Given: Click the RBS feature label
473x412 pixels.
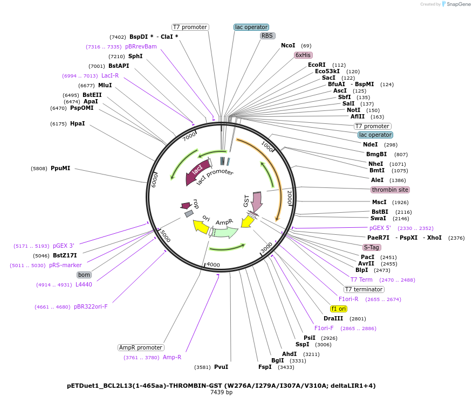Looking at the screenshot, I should click(x=268, y=36).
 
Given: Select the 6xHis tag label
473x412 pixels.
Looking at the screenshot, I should click(x=303, y=55).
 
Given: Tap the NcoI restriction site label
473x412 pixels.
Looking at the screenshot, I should click(x=288, y=46).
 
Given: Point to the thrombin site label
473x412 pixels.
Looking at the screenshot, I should click(x=390, y=190).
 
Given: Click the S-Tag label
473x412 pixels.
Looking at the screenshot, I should click(x=372, y=247).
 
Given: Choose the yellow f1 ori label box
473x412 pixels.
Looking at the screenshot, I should click(x=339, y=309).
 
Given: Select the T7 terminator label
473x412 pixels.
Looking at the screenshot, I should click(x=364, y=289).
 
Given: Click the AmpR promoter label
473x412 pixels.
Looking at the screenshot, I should click(x=141, y=347).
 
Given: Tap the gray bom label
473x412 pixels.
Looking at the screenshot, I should click(x=84, y=275).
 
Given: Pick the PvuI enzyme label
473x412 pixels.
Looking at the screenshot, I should click(x=221, y=367).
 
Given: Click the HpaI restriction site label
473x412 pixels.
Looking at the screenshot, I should click(x=77, y=123).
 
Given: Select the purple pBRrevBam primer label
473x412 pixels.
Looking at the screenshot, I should click(x=141, y=46).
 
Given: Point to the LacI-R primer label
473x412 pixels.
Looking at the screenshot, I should click(x=110, y=75).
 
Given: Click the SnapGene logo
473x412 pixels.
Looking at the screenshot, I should click(x=456, y=4).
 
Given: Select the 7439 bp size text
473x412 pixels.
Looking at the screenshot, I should click(x=221, y=393).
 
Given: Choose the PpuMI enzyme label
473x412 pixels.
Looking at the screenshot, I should click(x=60, y=168).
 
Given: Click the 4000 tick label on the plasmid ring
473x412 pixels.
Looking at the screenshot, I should click(x=214, y=264).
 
